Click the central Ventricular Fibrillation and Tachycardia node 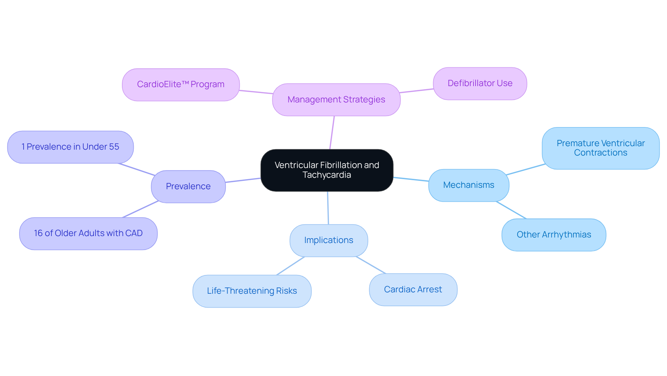pos(327,170)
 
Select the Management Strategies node pos(336,100)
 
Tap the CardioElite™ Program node pos(181,85)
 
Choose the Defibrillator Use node pos(480,84)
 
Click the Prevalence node pos(188,186)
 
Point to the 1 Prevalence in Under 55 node pos(70,147)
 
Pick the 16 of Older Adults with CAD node pos(88,233)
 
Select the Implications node pos(329,240)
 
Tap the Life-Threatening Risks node pos(252,291)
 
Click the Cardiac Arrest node pos(413,290)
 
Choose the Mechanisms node pos(469,185)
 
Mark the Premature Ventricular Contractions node pos(600,148)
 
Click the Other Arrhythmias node pos(554,235)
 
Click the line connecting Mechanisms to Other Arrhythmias pos(511,210)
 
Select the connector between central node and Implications pos(328,208)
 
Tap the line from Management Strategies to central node pos(332,133)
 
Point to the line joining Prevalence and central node pos(243,180)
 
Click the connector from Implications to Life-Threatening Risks pos(290,266)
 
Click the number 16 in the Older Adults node pos(38,233)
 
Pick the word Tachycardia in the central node pos(327,175)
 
